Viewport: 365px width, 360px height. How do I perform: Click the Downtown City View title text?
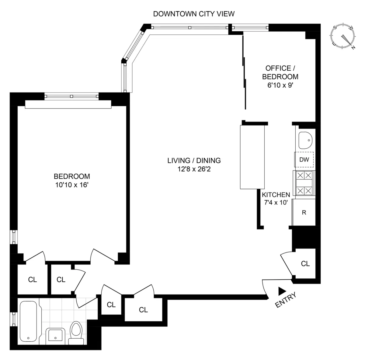pos(194,14)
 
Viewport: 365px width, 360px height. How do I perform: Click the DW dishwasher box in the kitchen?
pos(304,160)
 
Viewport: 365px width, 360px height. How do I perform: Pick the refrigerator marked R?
pos(304,213)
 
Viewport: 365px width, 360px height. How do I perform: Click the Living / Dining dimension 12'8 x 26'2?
pos(194,169)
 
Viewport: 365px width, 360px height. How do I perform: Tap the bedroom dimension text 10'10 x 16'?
pos(72,185)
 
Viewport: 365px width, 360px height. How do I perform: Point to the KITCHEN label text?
pos(276,195)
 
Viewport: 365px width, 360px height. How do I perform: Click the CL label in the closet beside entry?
pos(305,264)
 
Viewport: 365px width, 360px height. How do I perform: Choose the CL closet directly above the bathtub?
pos(32,280)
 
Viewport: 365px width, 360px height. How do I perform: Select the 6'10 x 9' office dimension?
pos(280,86)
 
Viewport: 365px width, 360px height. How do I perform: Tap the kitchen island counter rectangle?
pos(252,157)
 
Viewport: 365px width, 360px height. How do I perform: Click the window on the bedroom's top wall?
pos(71,96)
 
